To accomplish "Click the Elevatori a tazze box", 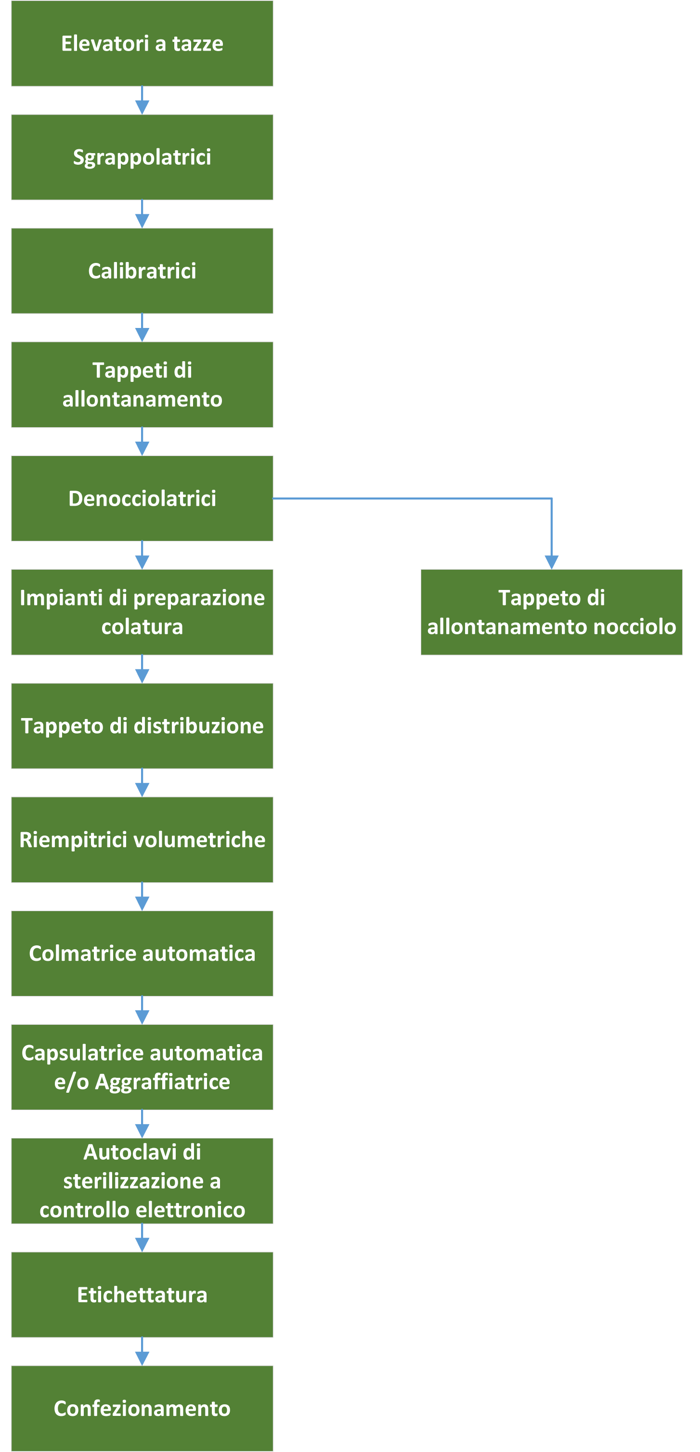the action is (142, 43).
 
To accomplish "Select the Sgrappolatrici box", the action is (142, 157).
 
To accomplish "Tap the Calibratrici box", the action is (142, 271).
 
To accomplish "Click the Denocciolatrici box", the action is (142, 498).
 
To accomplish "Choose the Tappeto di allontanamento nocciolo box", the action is (551, 612).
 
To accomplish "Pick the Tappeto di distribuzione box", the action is (142, 726).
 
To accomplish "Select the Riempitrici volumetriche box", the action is (142, 840).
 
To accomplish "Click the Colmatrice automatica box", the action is (142, 954).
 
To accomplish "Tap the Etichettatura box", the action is (142, 1295).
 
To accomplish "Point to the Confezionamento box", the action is (142, 1409).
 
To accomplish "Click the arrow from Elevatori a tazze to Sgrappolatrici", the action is (142, 100).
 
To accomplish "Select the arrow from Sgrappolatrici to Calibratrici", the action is (142, 214).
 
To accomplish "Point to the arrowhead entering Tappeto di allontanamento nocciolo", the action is (551, 562).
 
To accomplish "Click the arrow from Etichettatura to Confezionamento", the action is (142, 1352).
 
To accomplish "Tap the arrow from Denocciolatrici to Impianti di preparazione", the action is (142, 555).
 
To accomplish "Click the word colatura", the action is (142, 627).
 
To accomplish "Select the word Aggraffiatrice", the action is (162, 1082).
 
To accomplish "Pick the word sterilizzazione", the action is (133, 1181).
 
